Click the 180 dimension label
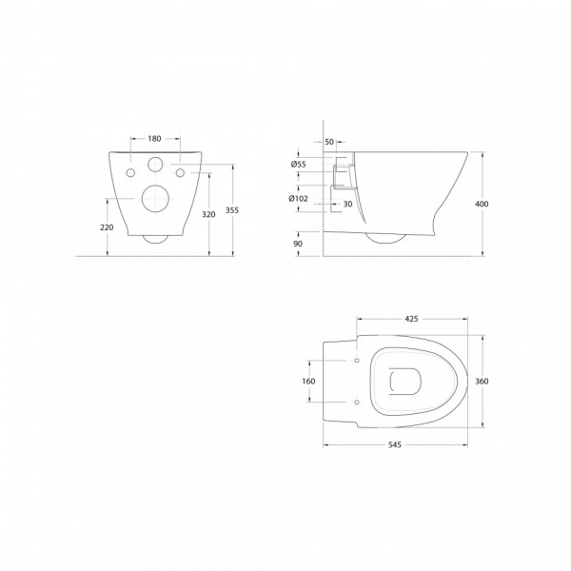pyautogui.click(x=154, y=139)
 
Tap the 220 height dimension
pyautogui.click(x=107, y=227)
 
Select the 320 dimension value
pyautogui.click(x=208, y=215)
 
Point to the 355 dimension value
pyautogui.click(x=232, y=210)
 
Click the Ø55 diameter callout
pyautogui.click(x=299, y=165)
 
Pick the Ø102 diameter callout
pyautogui.click(x=298, y=199)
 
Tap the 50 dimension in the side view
pyautogui.click(x=329, y=142)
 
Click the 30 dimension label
pyautogui.click(x=347, y=205)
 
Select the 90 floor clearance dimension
pyautogui.click(x=298, y=244)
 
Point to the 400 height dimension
pyautogui.click(x=482, y=205)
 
